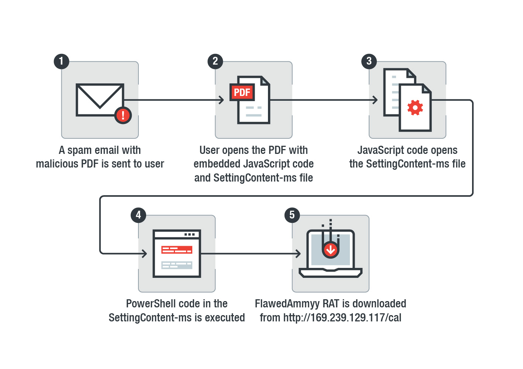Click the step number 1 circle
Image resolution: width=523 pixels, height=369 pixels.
pos(61,61)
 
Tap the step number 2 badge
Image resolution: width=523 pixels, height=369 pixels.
pos(215,61)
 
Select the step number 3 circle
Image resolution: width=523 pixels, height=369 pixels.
pos(369,61)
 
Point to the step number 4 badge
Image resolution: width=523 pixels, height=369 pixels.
pos(138,215)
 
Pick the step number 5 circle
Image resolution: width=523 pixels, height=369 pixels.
pos(292,215)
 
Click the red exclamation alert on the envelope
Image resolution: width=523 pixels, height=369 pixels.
pos(123,115)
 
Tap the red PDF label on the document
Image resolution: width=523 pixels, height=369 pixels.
pos(242,92)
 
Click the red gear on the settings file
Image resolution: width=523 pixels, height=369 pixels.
pos(415,108)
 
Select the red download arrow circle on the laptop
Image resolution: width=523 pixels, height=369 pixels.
pos(331,250)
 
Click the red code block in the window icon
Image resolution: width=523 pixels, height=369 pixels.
pos(177,250)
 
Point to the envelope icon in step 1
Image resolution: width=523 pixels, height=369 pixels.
pos(100,100)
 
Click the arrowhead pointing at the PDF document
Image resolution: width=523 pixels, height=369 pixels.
pos(221,100)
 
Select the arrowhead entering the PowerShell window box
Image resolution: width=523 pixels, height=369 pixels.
pos(145,254)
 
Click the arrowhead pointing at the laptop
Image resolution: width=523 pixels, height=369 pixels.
pos(298,254)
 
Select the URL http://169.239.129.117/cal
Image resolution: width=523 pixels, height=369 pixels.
pos(342,318)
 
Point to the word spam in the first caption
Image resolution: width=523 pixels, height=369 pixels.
pos(80,151)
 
